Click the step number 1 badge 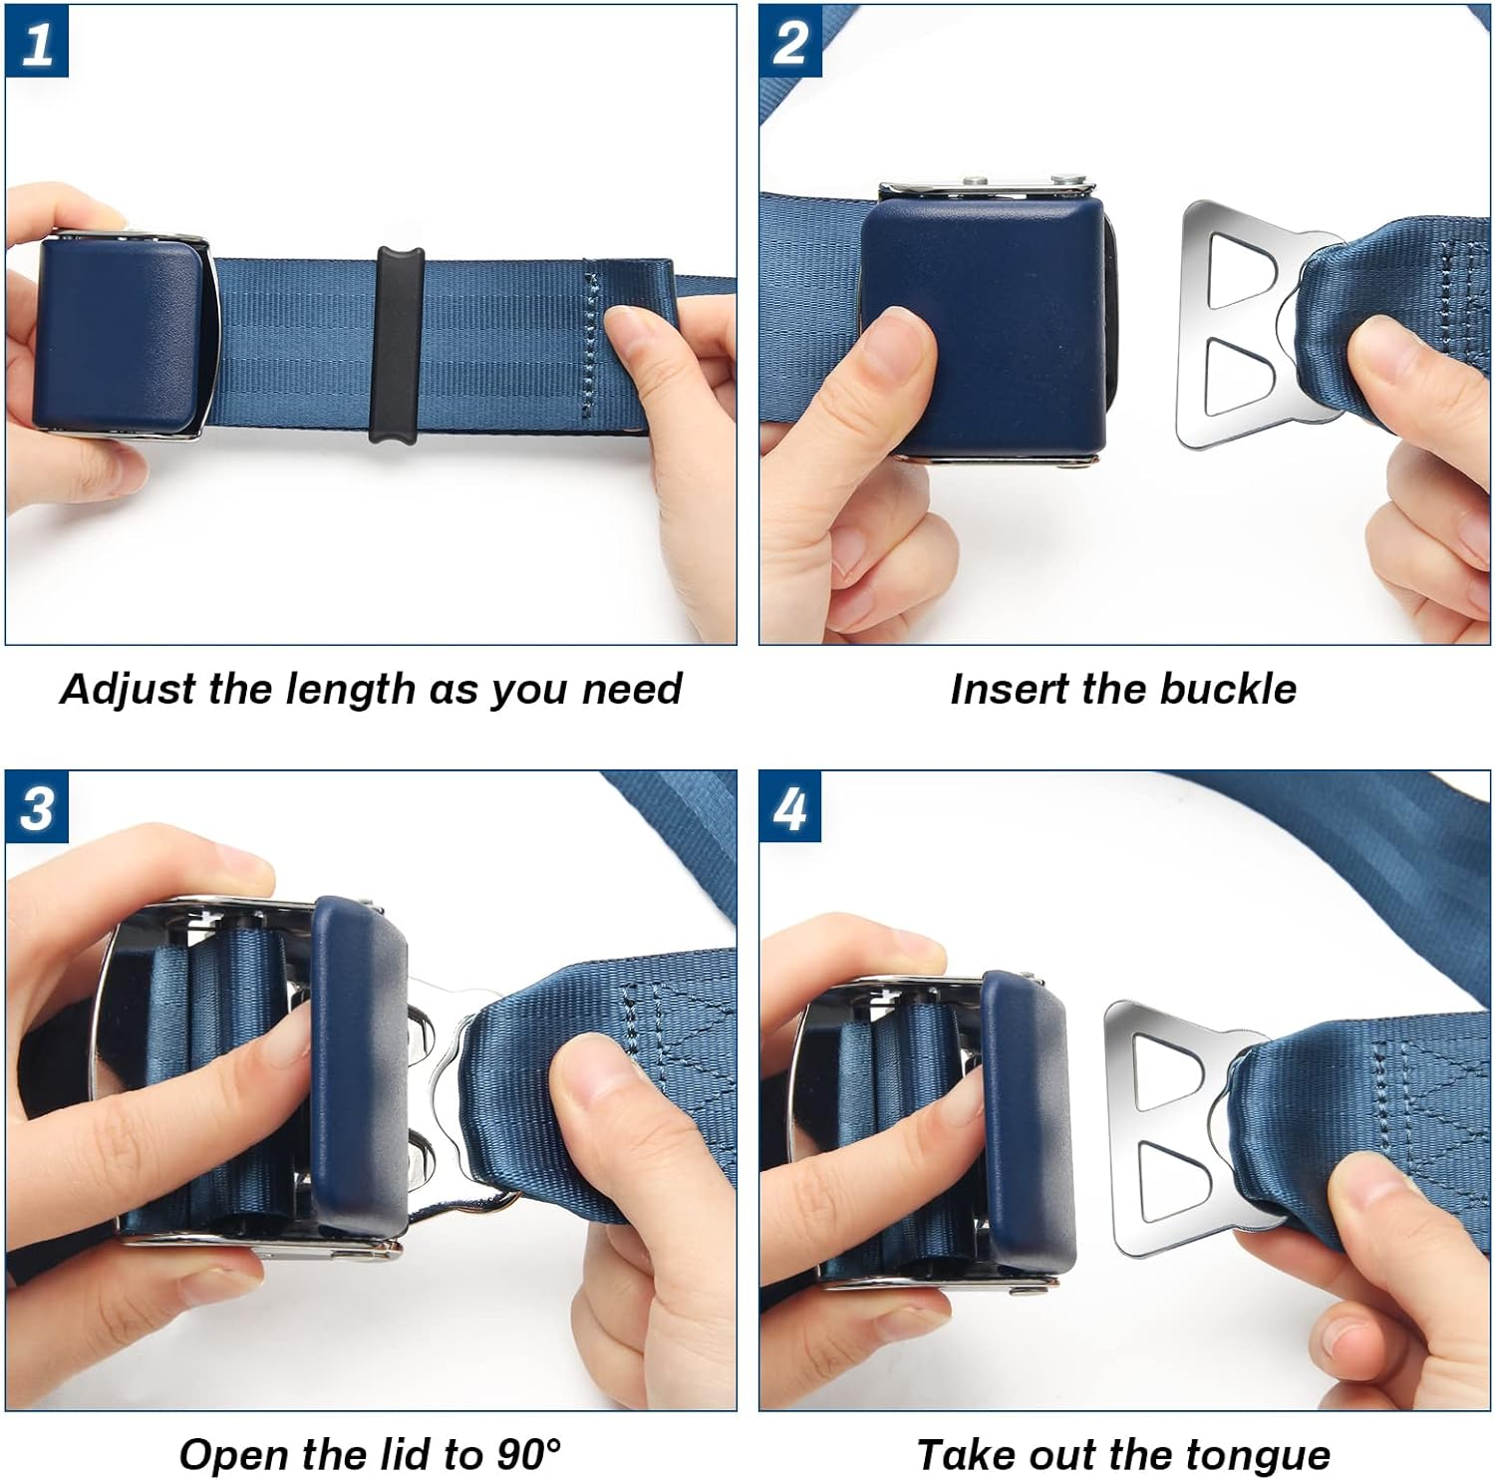(x=37, y=43)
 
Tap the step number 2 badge (x=790, y=43)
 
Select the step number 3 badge (x=37, y=808)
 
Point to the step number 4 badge (x=790, y=808)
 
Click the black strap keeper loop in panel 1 (x=398, y=344)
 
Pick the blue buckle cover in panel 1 (x=118, y=334)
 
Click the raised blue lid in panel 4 (x=1027, y=1126)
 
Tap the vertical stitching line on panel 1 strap (x=588, y=344)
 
